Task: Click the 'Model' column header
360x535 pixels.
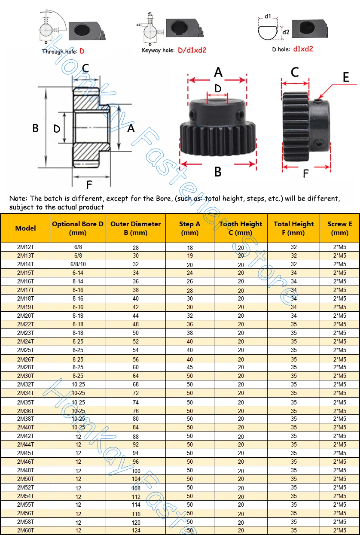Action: tap(25, 228)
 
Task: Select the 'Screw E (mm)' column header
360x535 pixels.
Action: tap(339, 228)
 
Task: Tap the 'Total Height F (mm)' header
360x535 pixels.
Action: tap(293, 228)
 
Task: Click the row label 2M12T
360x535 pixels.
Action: tap(25, 247)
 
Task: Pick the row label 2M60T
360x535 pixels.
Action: tap(25, 530)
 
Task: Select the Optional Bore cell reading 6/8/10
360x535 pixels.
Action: tap(77, 264)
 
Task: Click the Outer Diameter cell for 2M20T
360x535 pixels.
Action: tap(135, 316)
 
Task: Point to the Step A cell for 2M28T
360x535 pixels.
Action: tap(190, 368)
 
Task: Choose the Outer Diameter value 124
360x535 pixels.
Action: tap(136, 531)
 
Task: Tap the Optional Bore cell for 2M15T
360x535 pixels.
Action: tap(77, 273)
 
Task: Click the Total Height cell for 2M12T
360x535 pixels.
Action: tap(294, 247)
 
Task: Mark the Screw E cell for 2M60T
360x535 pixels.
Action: tap(339, 531)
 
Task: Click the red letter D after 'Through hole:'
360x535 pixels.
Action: tap(82, 51)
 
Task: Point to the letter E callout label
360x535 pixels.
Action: tap(346, 77)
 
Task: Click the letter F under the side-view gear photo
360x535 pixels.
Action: tap(305, 173)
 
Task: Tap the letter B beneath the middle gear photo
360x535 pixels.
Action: tap(218, 172)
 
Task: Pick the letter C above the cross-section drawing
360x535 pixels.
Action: tap(85, 68)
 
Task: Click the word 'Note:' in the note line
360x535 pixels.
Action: tap(19, 198)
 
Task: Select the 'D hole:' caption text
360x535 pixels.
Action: tap(281, 49)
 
